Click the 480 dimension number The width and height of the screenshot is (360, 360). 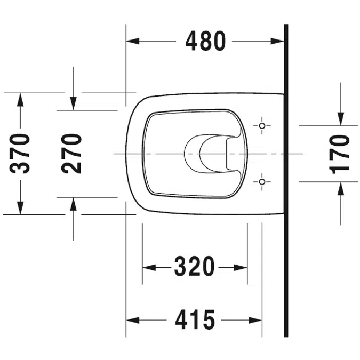click(205, 41)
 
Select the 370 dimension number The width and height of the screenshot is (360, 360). click(20, 154)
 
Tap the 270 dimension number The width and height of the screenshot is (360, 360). click(71, 154)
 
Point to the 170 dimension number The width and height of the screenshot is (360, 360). click(339, 154)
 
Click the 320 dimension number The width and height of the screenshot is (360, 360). click(194, 267)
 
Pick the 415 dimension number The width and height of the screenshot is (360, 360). click(195, 320)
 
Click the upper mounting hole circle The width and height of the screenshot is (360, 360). click(262, 126)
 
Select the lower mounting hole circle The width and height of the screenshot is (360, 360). click(262, 182)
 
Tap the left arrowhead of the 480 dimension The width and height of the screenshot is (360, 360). click(133, 41)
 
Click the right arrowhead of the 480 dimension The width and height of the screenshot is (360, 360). click(277, 41)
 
